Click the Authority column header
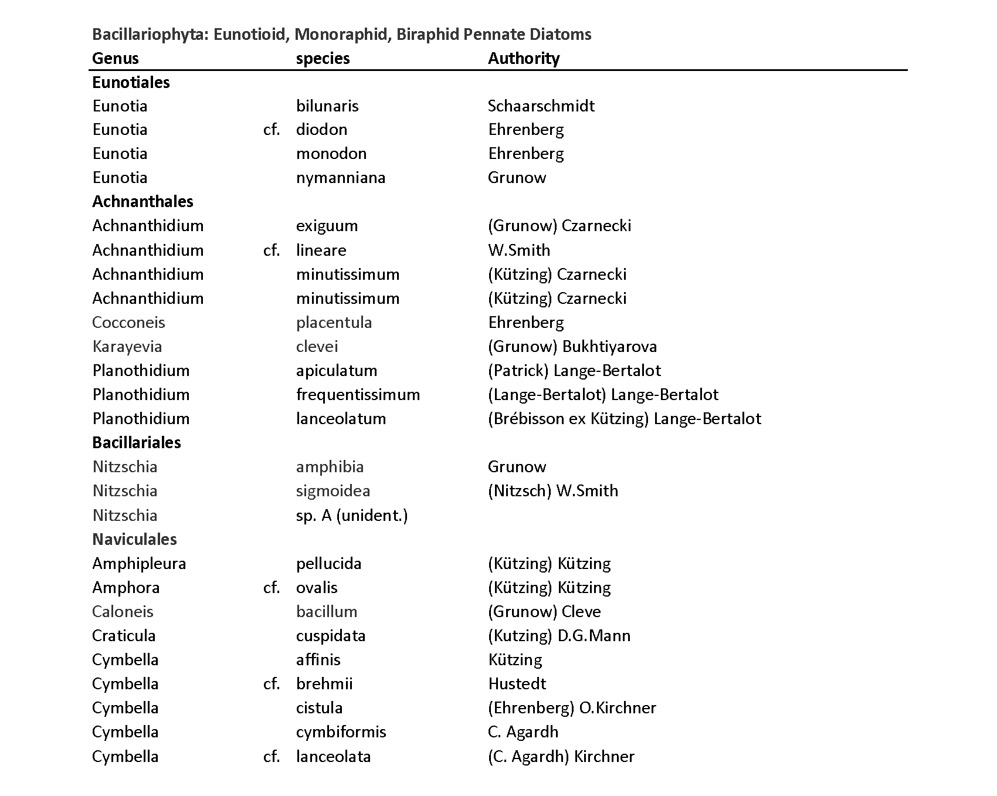coord(524,58)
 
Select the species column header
coord(323,58)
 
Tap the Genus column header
coord(116,58)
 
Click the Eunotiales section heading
coord(131,82)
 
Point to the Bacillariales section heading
coord(137,442)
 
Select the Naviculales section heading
coord(134,539)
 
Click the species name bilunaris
coord(327,106)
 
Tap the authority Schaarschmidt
coord(541,106)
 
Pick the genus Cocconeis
coord(128,323)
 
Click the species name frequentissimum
coord(358,395)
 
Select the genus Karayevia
coord(127,347)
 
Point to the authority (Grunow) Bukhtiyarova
coord(572,347)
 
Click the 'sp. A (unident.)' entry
coord(351,516)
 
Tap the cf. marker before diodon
coord(271,130)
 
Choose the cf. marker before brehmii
coord(271,684)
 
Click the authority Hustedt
coord(517,684)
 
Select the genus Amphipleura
coord(139,564)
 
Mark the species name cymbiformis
coord(341,732)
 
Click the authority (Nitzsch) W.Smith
coord(552,491)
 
